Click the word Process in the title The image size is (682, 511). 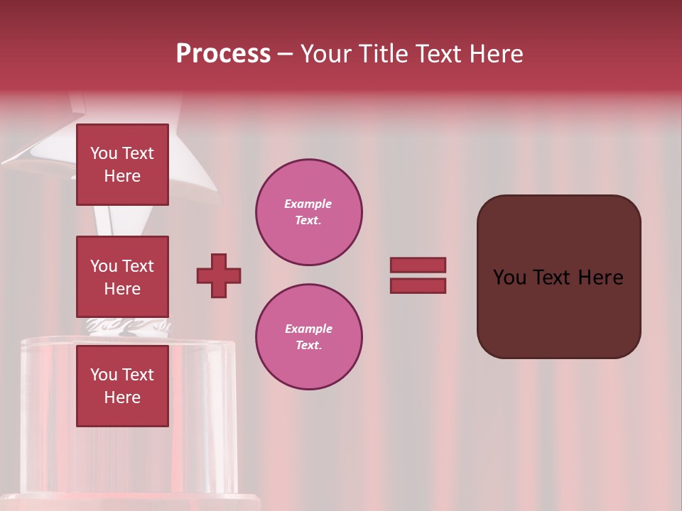coord(223,54)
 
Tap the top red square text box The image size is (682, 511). coord(122,165)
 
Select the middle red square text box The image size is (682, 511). coord(122,277)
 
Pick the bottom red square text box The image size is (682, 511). coord(122,386)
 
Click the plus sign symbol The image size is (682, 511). coord(219,275)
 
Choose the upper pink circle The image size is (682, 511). coord(309,212)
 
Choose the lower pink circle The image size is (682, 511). coord(309,337)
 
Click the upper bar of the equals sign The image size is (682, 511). coord(418,265)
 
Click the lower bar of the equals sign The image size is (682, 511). coord(418,286)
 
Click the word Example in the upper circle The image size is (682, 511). coord(308,204)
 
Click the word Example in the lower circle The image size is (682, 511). coord(308,329)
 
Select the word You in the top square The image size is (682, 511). coord(103,153)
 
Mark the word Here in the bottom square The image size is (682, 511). coord(122,397)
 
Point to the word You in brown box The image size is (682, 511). coord(509,278)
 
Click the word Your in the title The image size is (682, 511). coord(325,54)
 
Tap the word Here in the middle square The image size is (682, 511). coord(122,289)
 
